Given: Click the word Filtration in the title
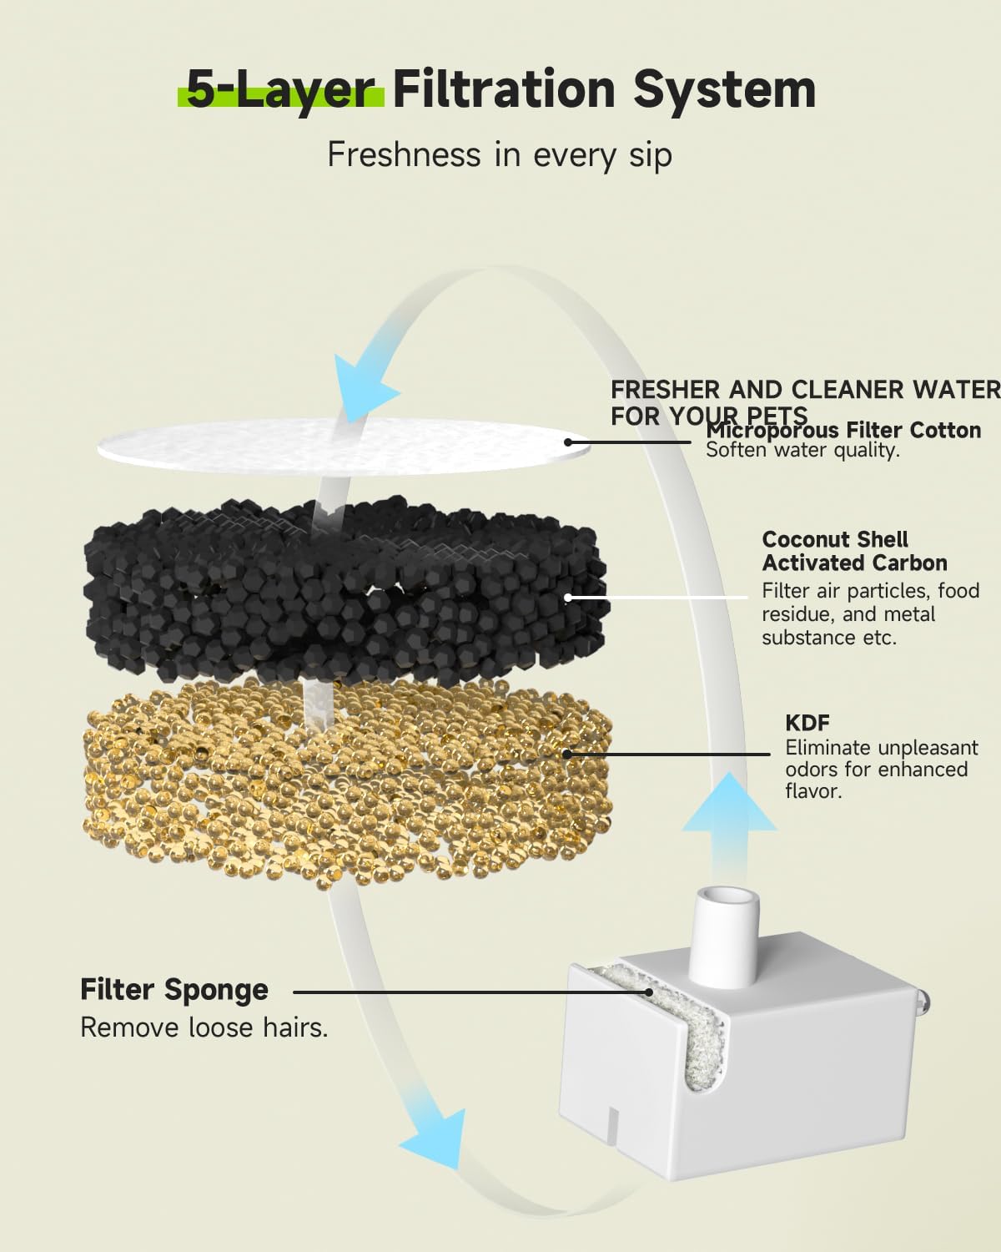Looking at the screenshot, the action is (x=504, y=89).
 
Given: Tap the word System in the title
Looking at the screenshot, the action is (x=725, y=91).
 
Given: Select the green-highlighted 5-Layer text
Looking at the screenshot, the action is (x=280, y=91).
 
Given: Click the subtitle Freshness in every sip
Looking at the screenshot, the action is (x=500, y=155).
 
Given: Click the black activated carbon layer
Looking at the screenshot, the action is (x=346, y=588).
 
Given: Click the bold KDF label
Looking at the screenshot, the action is (x=807, y=723).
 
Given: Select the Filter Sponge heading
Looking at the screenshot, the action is (x=174, y=990).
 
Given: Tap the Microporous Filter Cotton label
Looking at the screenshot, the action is (x=843, y=431).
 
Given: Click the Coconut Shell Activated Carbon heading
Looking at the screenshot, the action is (x=854, y=551).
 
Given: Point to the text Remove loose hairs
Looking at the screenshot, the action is (x=204, y=1028).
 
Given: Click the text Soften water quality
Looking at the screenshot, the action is (x=802, y=450).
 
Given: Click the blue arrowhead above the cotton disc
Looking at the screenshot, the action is (x=364, y=385).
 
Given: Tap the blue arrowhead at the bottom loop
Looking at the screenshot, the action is (x=436, y=1139).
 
